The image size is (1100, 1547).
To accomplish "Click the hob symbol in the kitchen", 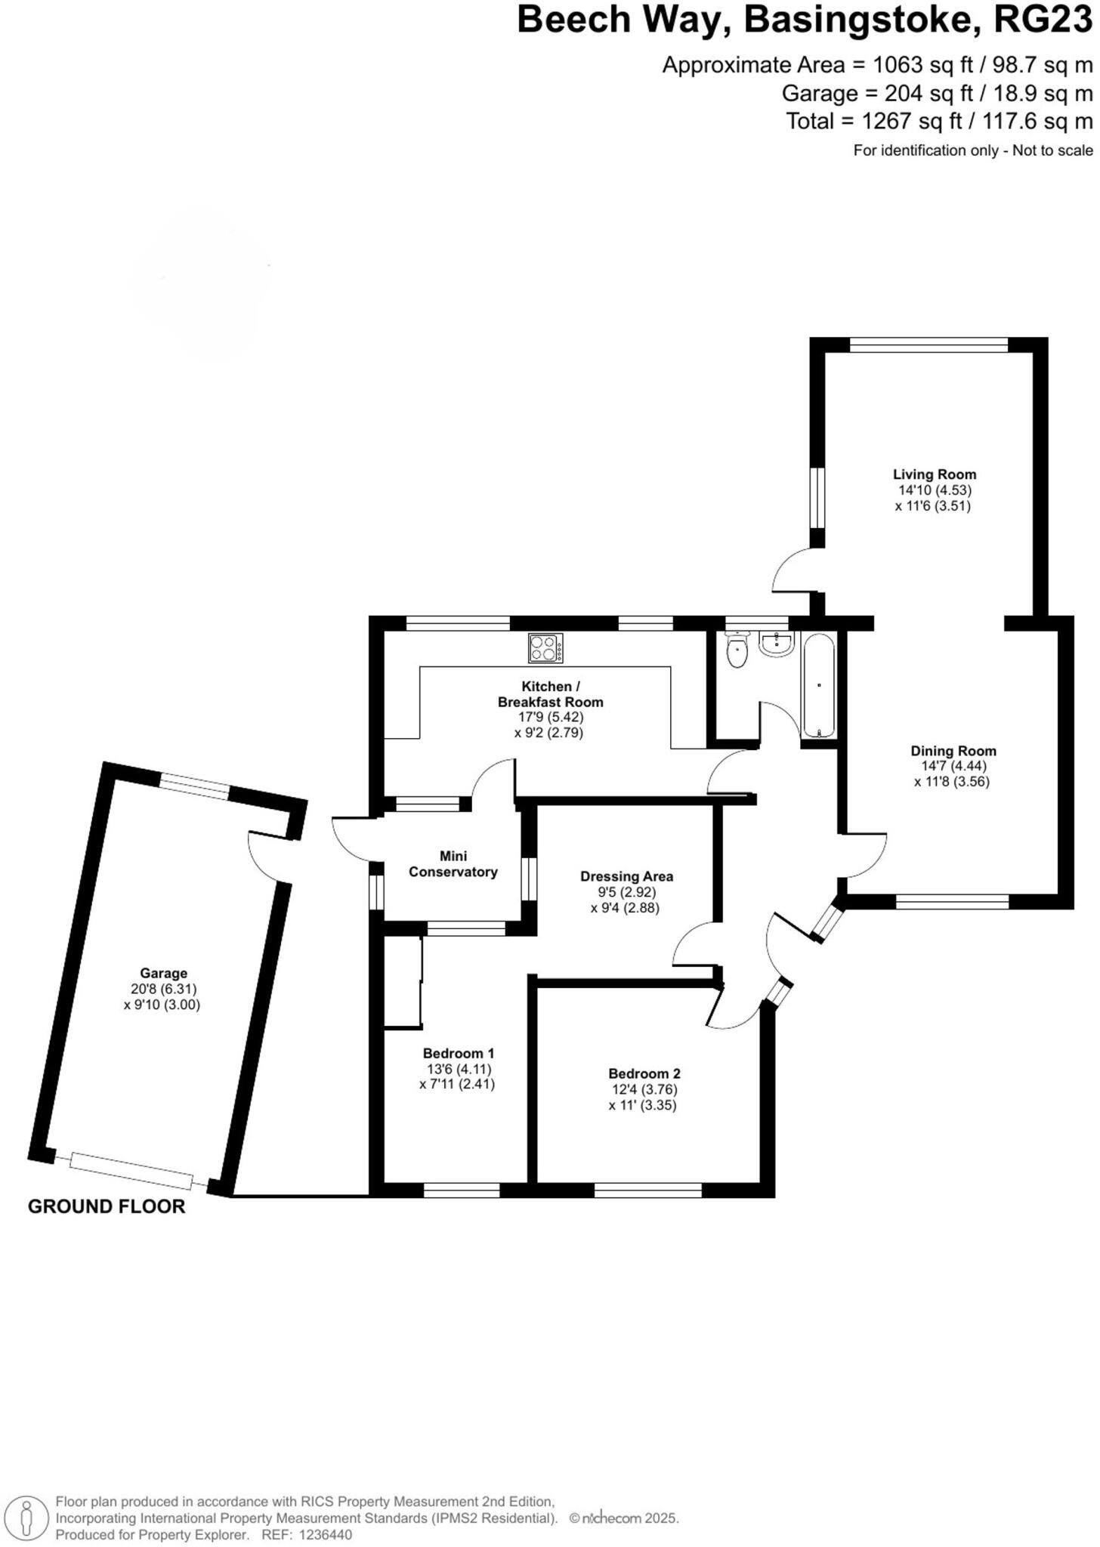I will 545,648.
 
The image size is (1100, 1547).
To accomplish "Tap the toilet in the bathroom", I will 736,650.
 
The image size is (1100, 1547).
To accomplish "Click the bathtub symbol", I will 818,686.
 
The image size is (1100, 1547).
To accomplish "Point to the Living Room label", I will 935,474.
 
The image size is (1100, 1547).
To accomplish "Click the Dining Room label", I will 953,751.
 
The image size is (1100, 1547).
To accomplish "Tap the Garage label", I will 163,974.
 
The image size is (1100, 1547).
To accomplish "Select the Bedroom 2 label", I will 644,1073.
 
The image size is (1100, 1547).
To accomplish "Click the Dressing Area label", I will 626,876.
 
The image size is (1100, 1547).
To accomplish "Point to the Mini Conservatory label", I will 453,864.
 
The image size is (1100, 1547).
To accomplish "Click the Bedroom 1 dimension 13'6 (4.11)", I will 459,1069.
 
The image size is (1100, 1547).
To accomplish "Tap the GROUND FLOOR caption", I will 107,1206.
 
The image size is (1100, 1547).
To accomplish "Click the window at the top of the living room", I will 929,345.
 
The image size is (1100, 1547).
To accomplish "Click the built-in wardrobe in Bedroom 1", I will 403,982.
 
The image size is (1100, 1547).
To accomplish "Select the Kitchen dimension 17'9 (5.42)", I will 550,717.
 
